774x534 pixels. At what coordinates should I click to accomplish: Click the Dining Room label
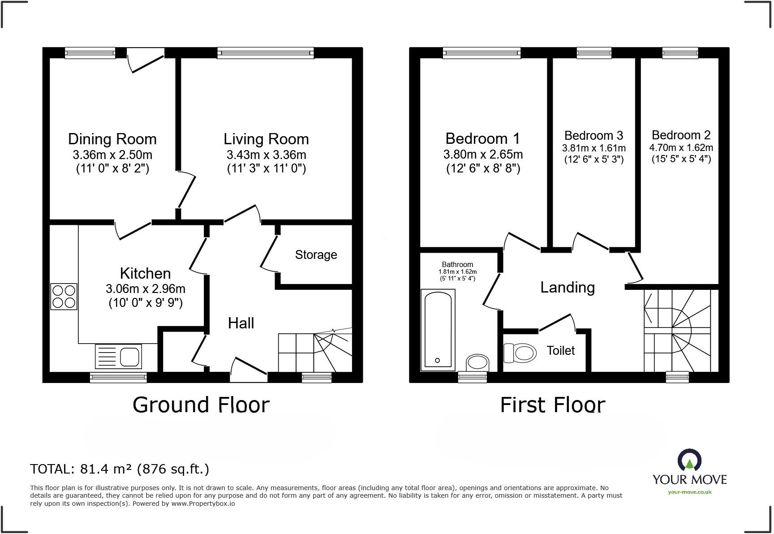tap(112, 139)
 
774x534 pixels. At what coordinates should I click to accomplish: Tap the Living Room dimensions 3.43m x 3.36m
tap(266, 155)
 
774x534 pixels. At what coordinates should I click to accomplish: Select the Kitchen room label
tap(145, 273)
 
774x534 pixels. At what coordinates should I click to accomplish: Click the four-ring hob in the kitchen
tap(64, 297)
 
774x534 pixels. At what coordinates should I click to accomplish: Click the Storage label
tap(316, 255)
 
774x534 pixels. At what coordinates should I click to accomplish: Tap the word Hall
tap(241, 323)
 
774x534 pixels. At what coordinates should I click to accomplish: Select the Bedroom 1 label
tap(483, 138)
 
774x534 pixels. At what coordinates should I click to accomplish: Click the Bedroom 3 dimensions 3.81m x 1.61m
tap(594, 148)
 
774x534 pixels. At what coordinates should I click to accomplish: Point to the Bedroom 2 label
tap(681, 135)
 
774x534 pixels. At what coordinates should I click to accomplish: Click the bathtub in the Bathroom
tap(438, 329)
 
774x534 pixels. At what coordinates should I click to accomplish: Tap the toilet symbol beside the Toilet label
tap(520, 353)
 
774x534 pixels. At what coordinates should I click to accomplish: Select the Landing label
tap(568, 287)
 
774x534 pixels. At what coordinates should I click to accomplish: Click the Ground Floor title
tap(201, 405)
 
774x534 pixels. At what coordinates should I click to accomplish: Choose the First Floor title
tap(552, 405)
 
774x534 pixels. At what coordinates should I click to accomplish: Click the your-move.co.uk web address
tap(690, 492)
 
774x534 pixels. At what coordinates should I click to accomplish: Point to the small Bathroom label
tap(457, 264)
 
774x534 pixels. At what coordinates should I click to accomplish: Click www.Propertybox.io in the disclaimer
tap(203, 504)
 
